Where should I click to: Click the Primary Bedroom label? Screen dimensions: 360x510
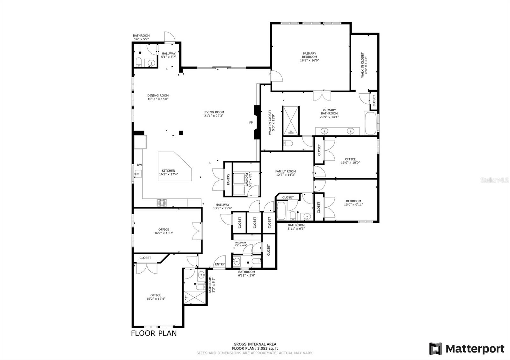pos(309,55)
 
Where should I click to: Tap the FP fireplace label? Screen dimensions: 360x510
pos(251,123)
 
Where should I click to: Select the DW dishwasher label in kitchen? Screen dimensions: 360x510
pos(139,165)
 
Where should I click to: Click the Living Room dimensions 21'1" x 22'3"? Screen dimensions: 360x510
pos(214,116)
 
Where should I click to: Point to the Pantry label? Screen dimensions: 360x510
pos(228,179)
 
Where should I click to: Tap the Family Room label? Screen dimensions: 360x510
pos(285,171)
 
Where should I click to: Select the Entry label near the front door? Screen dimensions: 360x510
pos(220,264)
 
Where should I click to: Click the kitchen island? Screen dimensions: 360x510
pos(175,167)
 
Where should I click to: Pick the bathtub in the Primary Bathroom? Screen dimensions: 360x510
pos(370,123)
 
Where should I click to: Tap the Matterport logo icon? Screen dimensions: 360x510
pos(435,349)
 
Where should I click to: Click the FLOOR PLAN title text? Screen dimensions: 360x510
pos(154,334)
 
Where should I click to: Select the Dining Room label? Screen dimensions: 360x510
pos(158,96)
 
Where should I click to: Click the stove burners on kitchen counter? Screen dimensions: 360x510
pos(162,203)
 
